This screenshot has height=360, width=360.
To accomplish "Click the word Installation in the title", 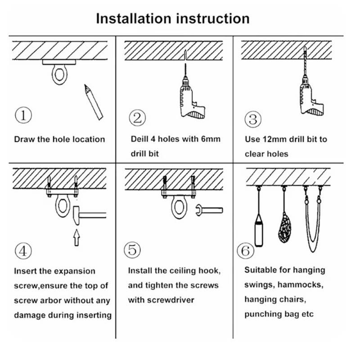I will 133,18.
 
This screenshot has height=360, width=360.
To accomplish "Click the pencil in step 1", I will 93,102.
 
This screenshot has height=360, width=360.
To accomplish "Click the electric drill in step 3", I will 310,95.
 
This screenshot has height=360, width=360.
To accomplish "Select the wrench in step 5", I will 210,210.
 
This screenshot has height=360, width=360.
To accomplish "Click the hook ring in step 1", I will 59,74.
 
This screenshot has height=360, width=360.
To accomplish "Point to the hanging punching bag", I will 259,229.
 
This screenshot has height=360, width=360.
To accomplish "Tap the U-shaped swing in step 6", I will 313,225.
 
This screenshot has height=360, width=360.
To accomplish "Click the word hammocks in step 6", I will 302,285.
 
